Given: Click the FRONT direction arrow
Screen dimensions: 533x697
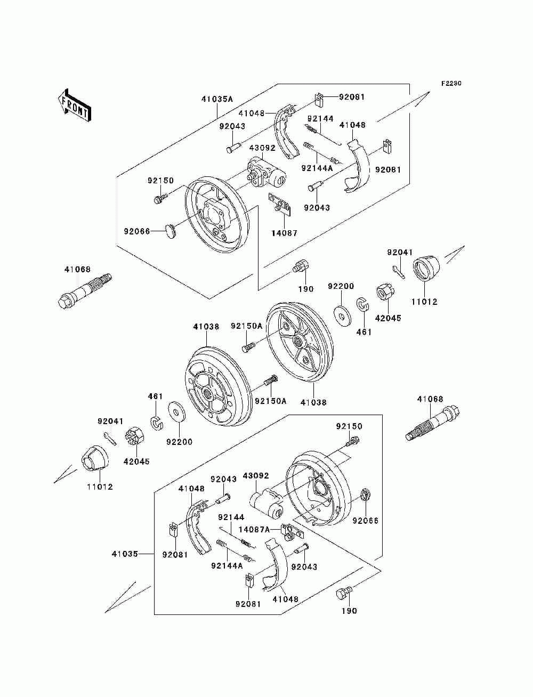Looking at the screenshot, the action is pos(75,104).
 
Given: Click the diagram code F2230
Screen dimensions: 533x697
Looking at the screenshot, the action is pos(451,84).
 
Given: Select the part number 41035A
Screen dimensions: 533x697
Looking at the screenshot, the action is pos(217,99).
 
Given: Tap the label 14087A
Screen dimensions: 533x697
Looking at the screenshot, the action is pos(254,529).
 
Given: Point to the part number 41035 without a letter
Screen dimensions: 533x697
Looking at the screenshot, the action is pos(125,554).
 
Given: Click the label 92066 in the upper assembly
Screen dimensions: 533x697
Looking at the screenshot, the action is pos(137,231).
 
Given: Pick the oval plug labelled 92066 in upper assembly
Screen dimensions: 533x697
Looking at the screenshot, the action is pos(171,230).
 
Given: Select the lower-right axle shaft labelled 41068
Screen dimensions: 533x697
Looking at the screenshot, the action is pos(433,423).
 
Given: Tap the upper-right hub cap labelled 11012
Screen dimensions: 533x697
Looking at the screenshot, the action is pos(426,269).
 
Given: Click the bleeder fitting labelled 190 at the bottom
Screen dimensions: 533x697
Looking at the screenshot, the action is pos(344,593).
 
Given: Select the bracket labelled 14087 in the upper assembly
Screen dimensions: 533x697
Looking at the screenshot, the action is pos(280,203).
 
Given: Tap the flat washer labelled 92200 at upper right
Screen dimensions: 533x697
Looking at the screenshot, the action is pos(342,315).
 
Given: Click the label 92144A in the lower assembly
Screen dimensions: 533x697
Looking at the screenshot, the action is pos(227,565).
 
